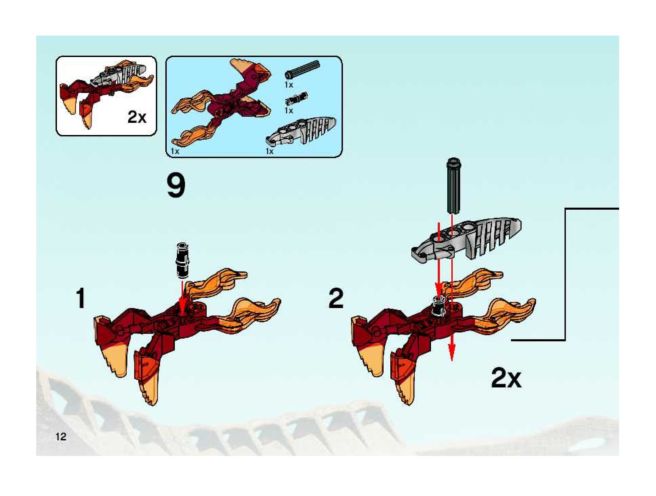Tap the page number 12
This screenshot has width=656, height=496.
(61, 436)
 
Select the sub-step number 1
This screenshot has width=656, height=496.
(80, 298)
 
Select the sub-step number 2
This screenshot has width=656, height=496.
(336, 298)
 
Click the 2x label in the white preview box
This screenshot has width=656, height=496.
(137, 117)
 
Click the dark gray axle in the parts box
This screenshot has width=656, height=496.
(302, 70)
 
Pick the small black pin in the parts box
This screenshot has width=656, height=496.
(296, 99)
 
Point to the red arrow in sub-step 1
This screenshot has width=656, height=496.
(182, 299)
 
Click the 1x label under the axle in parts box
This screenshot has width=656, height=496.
(289, 85)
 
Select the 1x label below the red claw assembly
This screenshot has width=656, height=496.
(175, 151)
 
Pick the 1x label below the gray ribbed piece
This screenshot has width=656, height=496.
(269, 151)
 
